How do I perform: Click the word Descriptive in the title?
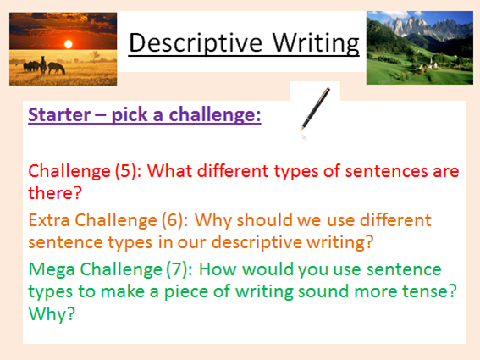tap(196, 43)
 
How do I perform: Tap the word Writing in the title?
tap(316, 43)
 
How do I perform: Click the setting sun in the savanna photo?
tap(69, 44)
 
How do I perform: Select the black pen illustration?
tap(315, 109)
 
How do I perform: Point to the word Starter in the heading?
tap(59, 115)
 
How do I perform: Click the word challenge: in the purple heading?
tap(215, 115)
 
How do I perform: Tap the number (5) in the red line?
tap(126, 171)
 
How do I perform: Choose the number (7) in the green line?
tap(177, 269)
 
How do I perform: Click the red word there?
tap(55, 193)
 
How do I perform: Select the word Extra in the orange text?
tap(49, 220)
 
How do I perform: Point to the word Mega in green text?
tap(52, 270)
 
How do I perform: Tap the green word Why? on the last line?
tap(52, 313)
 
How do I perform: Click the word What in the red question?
tap(169, 171)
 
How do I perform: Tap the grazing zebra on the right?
tap(57, 68)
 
